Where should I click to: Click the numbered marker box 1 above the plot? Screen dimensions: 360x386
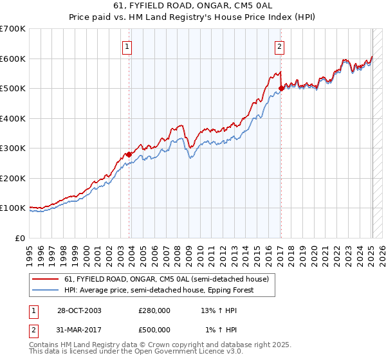coord(127,46)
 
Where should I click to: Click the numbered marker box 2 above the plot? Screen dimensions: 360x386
coord(280,46)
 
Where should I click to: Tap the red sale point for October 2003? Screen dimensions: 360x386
coord(129,154)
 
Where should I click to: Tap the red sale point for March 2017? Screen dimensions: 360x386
coord(281,89)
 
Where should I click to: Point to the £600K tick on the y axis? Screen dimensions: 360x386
coord(13,59)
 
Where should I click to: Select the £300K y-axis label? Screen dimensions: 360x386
coord(13,148)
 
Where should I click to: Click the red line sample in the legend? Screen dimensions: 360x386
coord(45,278)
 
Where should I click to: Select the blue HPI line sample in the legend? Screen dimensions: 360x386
coord(45,290)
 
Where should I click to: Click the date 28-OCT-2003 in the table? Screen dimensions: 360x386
coord(78,310)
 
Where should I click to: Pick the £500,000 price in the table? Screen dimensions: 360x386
coord(154,329)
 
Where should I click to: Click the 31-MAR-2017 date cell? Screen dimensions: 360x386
coord(78,329)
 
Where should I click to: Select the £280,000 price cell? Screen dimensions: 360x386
coord(154,310)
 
